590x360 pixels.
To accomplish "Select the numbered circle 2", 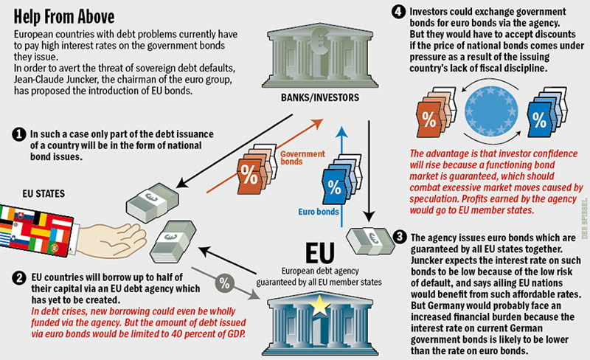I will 18,277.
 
